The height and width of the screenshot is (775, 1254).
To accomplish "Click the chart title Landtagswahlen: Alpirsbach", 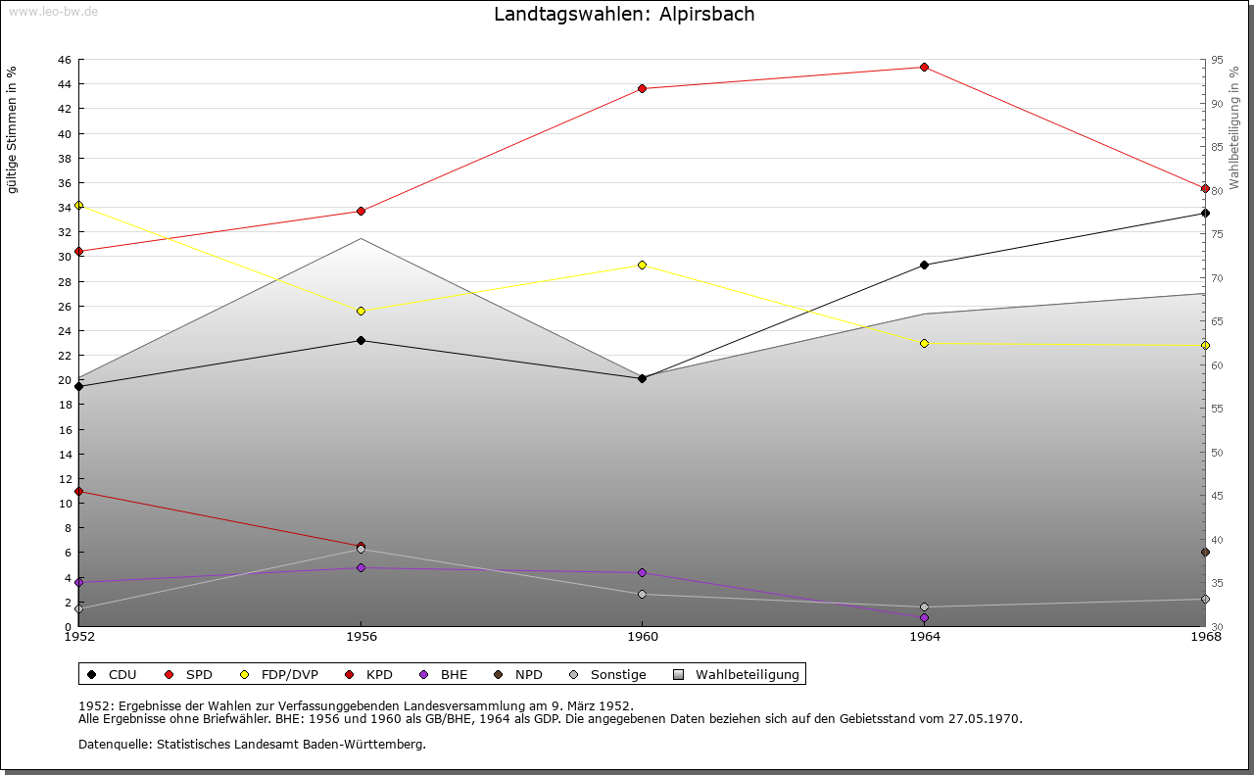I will point(624,15).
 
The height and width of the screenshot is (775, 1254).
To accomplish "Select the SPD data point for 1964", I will point(924,68).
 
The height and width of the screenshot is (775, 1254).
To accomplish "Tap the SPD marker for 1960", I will point(643,89).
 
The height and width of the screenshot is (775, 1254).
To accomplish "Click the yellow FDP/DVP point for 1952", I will point(79,206).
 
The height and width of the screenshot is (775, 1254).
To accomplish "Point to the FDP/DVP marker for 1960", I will point(643,266).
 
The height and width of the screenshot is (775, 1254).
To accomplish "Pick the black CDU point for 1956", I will point(362,341).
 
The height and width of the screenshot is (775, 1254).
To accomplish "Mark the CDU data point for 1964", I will point(924,266).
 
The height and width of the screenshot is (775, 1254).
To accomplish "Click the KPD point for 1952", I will point(79,492).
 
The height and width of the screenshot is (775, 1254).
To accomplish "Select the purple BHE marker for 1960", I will point(643,573).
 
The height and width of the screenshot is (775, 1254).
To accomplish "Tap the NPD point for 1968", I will point(1205,553).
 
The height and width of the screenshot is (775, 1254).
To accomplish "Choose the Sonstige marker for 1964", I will point(924,607).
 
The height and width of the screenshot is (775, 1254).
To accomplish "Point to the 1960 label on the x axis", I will point(643,637).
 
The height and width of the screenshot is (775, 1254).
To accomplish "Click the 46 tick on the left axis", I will point(64,60).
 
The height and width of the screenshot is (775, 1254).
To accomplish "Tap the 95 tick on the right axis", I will point(1217,60).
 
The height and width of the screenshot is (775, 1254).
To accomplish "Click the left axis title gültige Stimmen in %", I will point(13,130).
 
